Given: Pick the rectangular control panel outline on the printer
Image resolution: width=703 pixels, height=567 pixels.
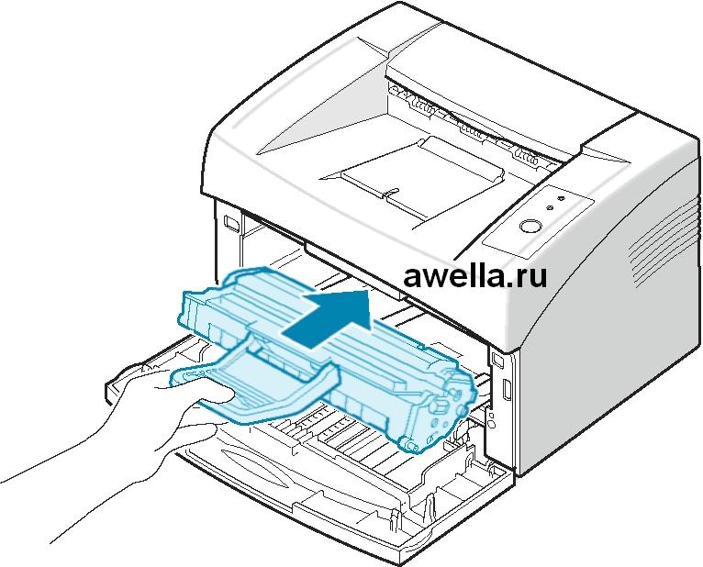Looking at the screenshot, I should click(x=536, y=220).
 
